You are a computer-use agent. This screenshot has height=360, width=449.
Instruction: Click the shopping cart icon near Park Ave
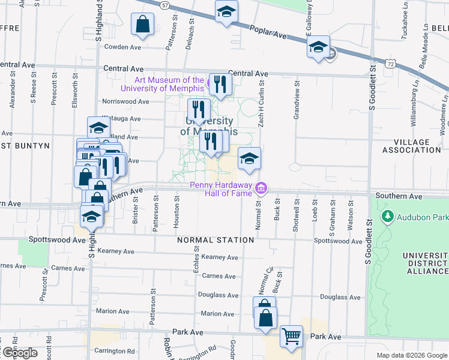click(291, 337)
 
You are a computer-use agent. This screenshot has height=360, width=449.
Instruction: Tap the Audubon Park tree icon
click(388, 215)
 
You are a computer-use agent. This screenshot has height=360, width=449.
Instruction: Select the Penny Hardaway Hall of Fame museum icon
click(260, 188)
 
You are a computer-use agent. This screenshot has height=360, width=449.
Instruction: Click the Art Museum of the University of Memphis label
click(169, 84)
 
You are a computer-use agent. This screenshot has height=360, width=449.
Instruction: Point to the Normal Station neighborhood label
click(215, 240)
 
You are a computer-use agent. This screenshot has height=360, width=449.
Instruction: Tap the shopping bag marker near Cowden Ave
click(143, 25)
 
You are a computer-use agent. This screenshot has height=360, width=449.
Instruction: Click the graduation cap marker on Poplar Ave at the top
click(226, 11)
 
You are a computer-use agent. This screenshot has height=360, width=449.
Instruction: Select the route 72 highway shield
click(391, 62)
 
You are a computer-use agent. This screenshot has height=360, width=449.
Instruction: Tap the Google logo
click(19, 353)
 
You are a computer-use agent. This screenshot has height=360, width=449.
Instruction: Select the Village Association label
click(411, 146)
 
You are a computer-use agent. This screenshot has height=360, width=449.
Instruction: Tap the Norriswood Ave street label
click(125, 101)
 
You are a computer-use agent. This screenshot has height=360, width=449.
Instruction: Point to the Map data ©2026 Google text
click(412, 355)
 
